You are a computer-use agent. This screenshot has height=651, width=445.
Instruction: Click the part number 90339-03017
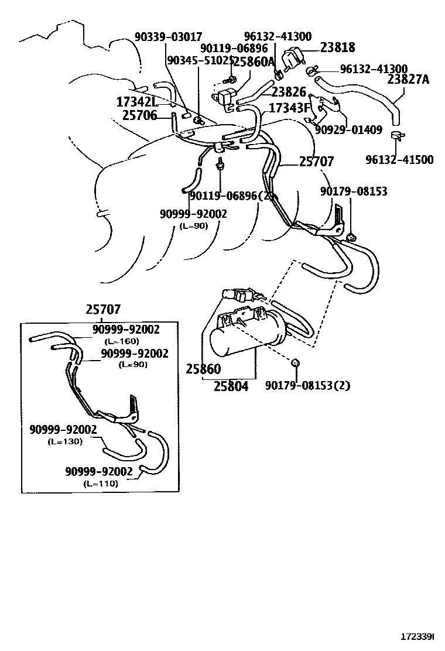[x=168, y=37]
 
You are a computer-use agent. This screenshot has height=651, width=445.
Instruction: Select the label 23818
[x=337, y=47]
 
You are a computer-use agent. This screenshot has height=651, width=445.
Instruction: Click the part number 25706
[x=140, y=115]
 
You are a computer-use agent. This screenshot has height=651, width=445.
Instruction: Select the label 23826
[x=289, y=91]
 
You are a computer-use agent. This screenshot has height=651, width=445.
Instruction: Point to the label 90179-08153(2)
[x=307, y=385]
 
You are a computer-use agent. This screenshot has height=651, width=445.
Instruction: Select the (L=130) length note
[x=64, y=441]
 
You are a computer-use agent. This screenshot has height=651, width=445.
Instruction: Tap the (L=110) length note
[x=100, y=483]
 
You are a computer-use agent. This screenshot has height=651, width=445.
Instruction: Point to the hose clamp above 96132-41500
[x=398, y=137]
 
